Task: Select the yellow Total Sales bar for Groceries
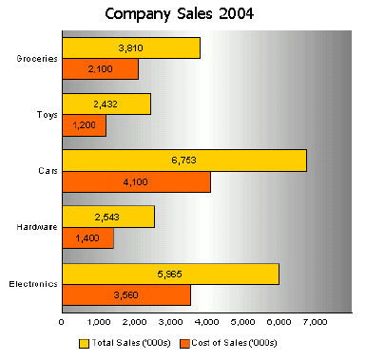pyautogui.click(x=130, y=47)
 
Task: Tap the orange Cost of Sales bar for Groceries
pyautogui.click(x=100, y=68)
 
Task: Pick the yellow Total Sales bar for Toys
pyautogui.click(x=106, y=104)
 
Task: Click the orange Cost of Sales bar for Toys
pyautogui.click(x=84, y=124)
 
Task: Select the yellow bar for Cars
pyautogui.click(x=183, y=161)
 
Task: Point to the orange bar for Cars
pyautogui.click(x=136, y=181)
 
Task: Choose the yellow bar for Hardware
pyautogui.click(x=107, y=217)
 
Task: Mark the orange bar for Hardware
pyautogui.click(x=87, y=237)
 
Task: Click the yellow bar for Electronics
pyautogui.click(x=170, y=274)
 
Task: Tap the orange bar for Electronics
pyautogui.click(x=125, y=294)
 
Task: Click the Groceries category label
pyautogui.click(x=37, y=58)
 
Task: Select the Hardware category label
pyautogui.click(x=38, y=227)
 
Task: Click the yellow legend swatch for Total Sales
pyautogui.click(x=84, y=342)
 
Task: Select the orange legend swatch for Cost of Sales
pyautogui.click(x=184, y=342)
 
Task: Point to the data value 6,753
pyautogui.click(x=183, y=161)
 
